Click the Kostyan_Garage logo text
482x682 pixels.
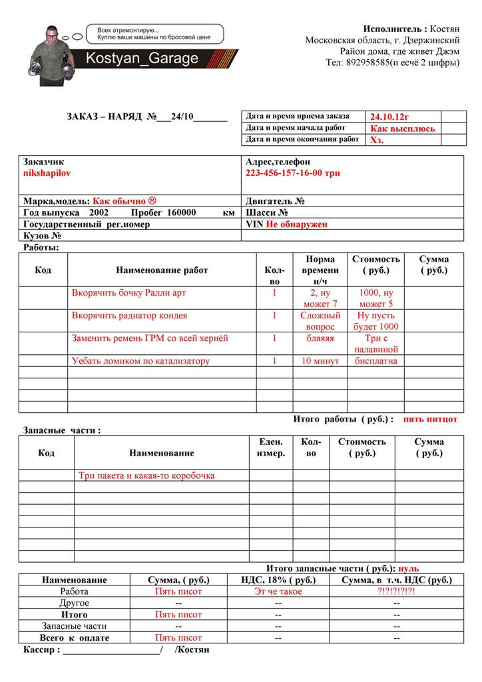142,59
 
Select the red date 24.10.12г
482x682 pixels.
395,117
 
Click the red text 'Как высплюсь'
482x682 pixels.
403,129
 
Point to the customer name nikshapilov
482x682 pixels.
47,172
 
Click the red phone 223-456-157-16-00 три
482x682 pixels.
293,172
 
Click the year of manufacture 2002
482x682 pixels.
98,212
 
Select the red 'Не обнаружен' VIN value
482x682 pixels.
297,224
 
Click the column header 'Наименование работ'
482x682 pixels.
162,270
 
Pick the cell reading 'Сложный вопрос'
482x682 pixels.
320,321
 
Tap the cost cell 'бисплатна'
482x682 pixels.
375,361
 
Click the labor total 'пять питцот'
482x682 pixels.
431,419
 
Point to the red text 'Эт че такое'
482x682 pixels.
278,591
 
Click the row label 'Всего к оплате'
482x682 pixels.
74,637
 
